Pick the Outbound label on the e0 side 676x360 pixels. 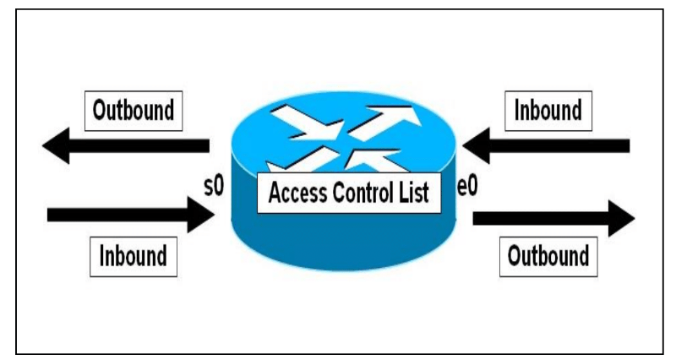[x=547, y=255]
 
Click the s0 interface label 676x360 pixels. [x=215, y=186]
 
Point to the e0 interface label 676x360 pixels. [x=466, y=187]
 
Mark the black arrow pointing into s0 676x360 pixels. [x=127, y=215]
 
